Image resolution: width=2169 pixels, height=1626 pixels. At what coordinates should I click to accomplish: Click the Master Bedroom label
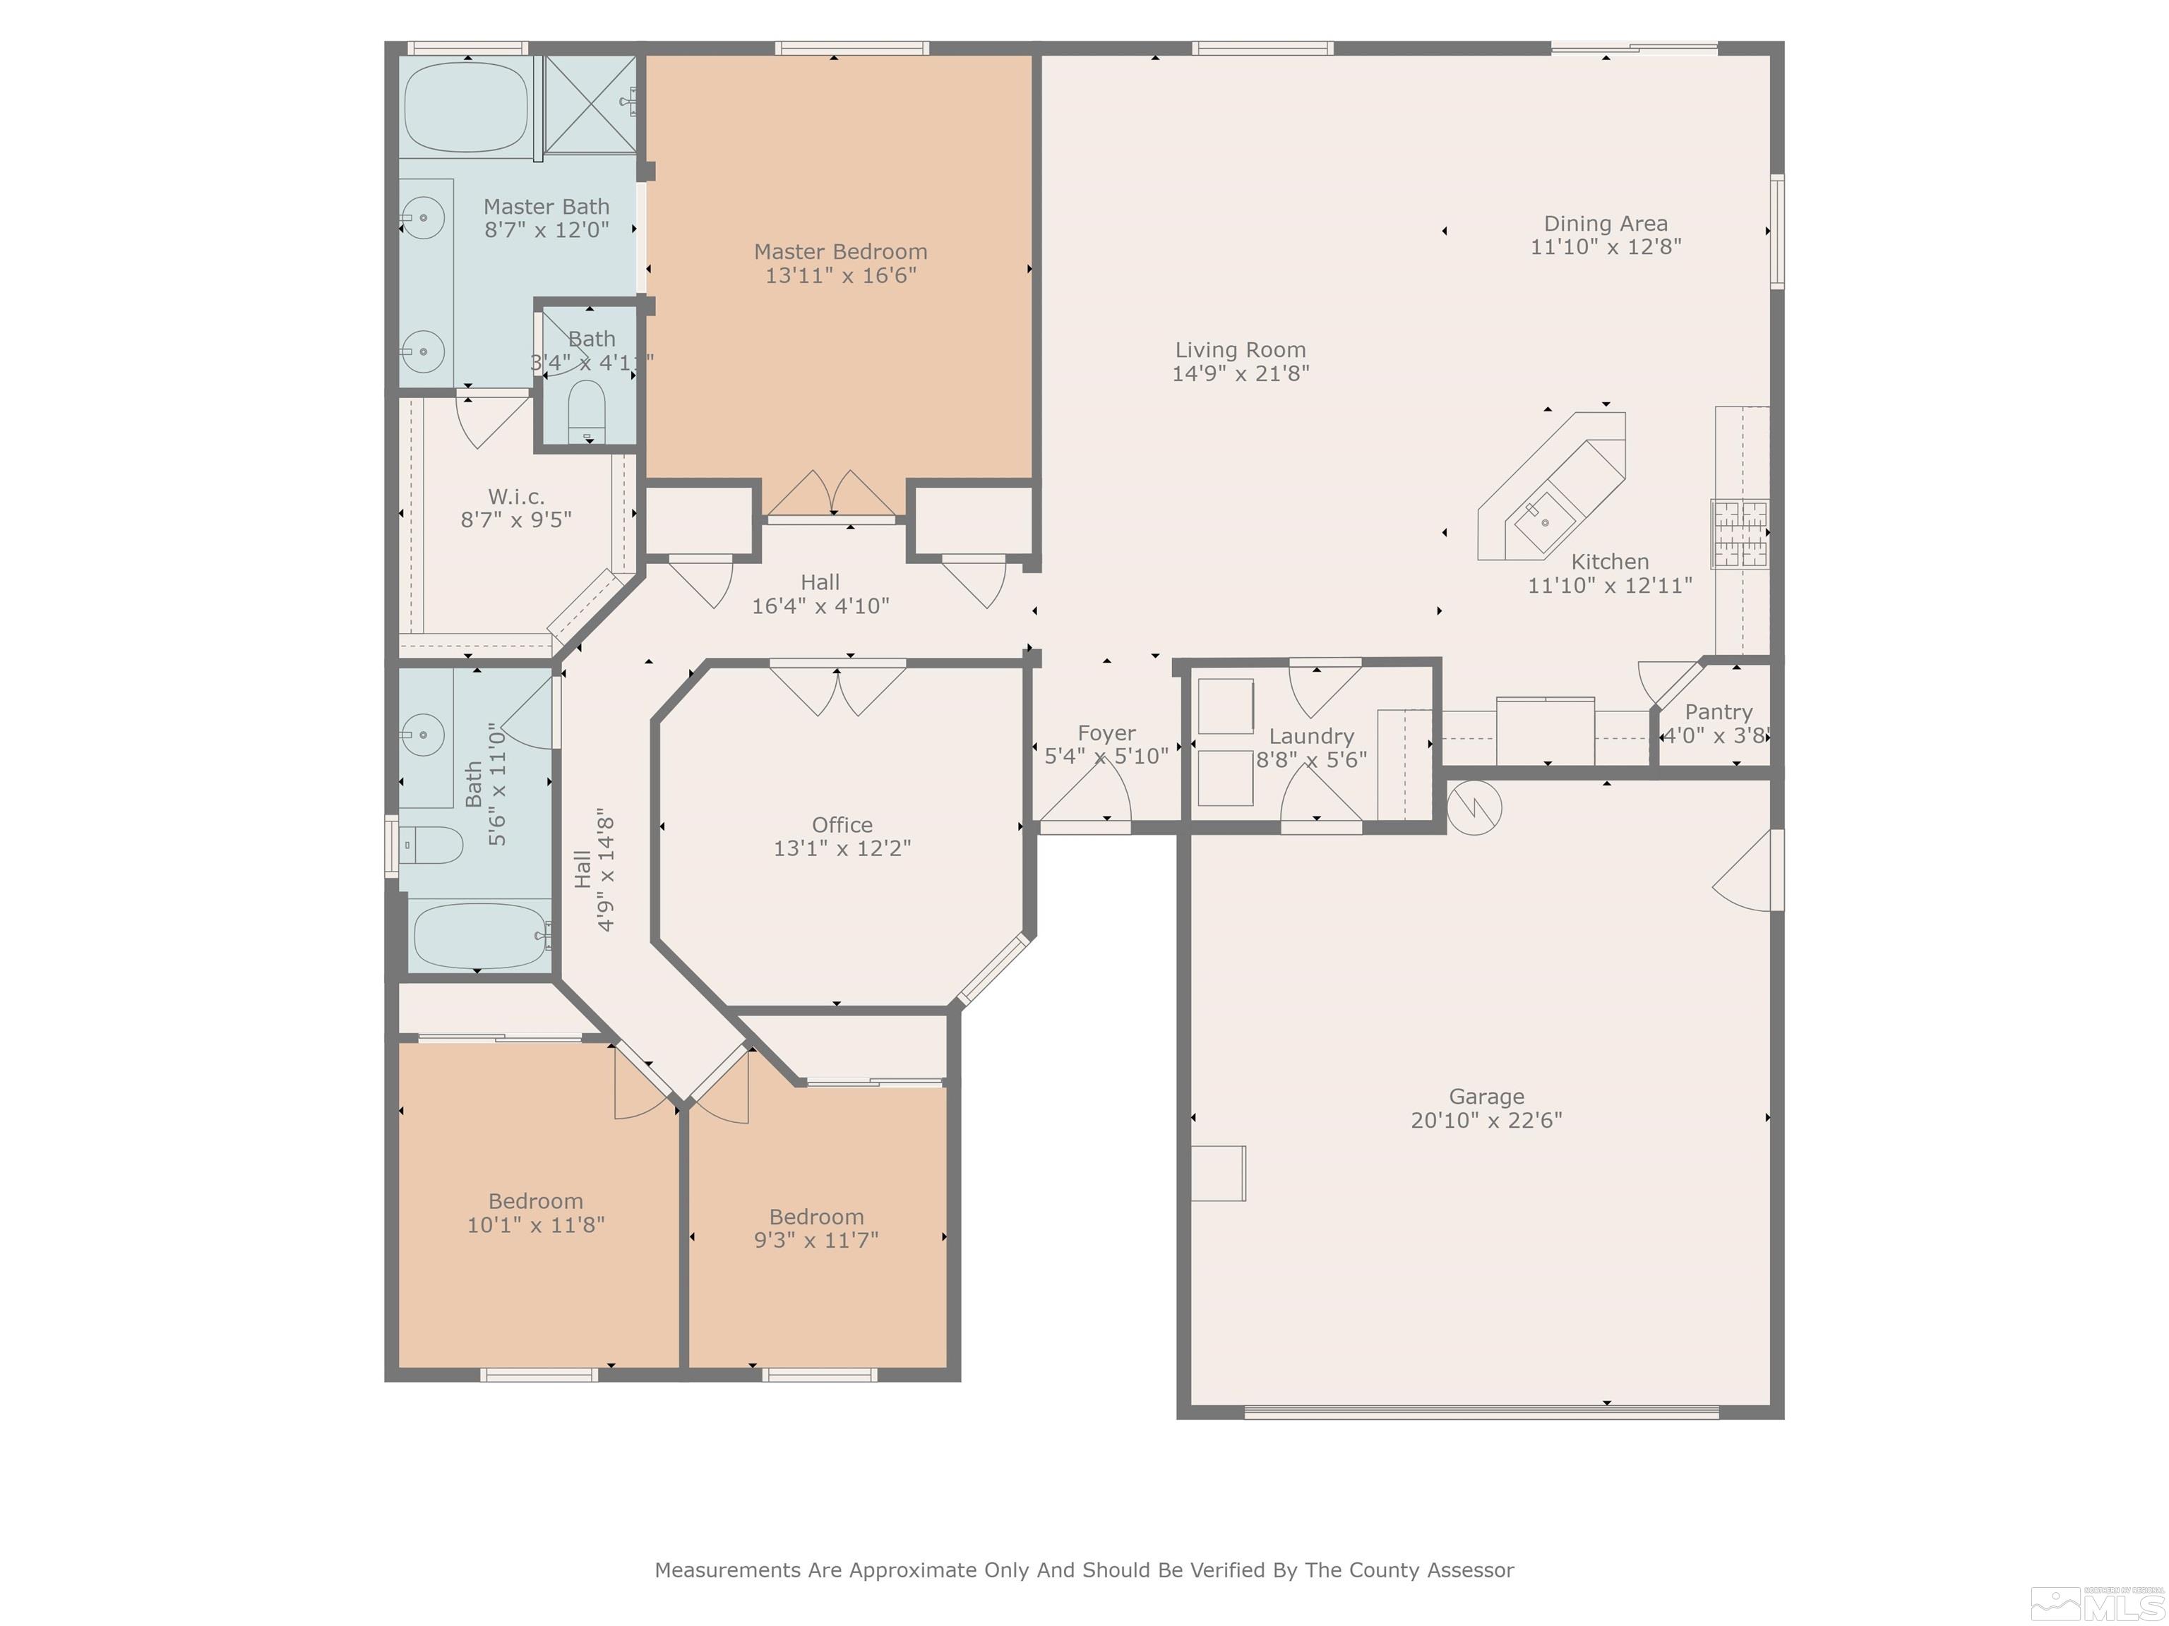(x=840, y=252)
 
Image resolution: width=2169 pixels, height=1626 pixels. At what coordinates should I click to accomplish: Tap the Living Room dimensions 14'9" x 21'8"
(x=1241, y=373)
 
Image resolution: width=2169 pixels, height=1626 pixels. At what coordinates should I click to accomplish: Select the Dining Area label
(x=1605, y=224)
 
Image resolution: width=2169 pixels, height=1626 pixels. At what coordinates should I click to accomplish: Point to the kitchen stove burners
(x=1740, y=534)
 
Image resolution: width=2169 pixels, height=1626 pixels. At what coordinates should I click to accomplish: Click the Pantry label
(x=1718, y=713)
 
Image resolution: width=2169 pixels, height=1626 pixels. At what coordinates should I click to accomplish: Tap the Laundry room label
(x=1311, y=737)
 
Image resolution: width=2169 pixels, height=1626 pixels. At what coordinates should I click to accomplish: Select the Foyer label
(x=1106, y=733)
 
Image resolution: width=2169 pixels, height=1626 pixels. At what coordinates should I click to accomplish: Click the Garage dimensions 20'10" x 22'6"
(x=1486, y=1120)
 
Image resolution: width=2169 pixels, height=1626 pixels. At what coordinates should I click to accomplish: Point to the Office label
(x=842, y=825)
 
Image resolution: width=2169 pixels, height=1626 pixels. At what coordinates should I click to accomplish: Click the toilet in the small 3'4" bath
(x=587, y=411)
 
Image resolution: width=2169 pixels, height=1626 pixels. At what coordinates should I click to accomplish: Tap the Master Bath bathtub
(x=467, y=107)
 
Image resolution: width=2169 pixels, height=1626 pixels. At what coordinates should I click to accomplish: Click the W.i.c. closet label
(x=516, y=497)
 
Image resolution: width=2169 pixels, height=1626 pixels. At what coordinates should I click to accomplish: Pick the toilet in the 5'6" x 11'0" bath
(x=431, y=844)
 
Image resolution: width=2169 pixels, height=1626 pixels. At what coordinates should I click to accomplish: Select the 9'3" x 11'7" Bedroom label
(x=815, y=1217)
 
